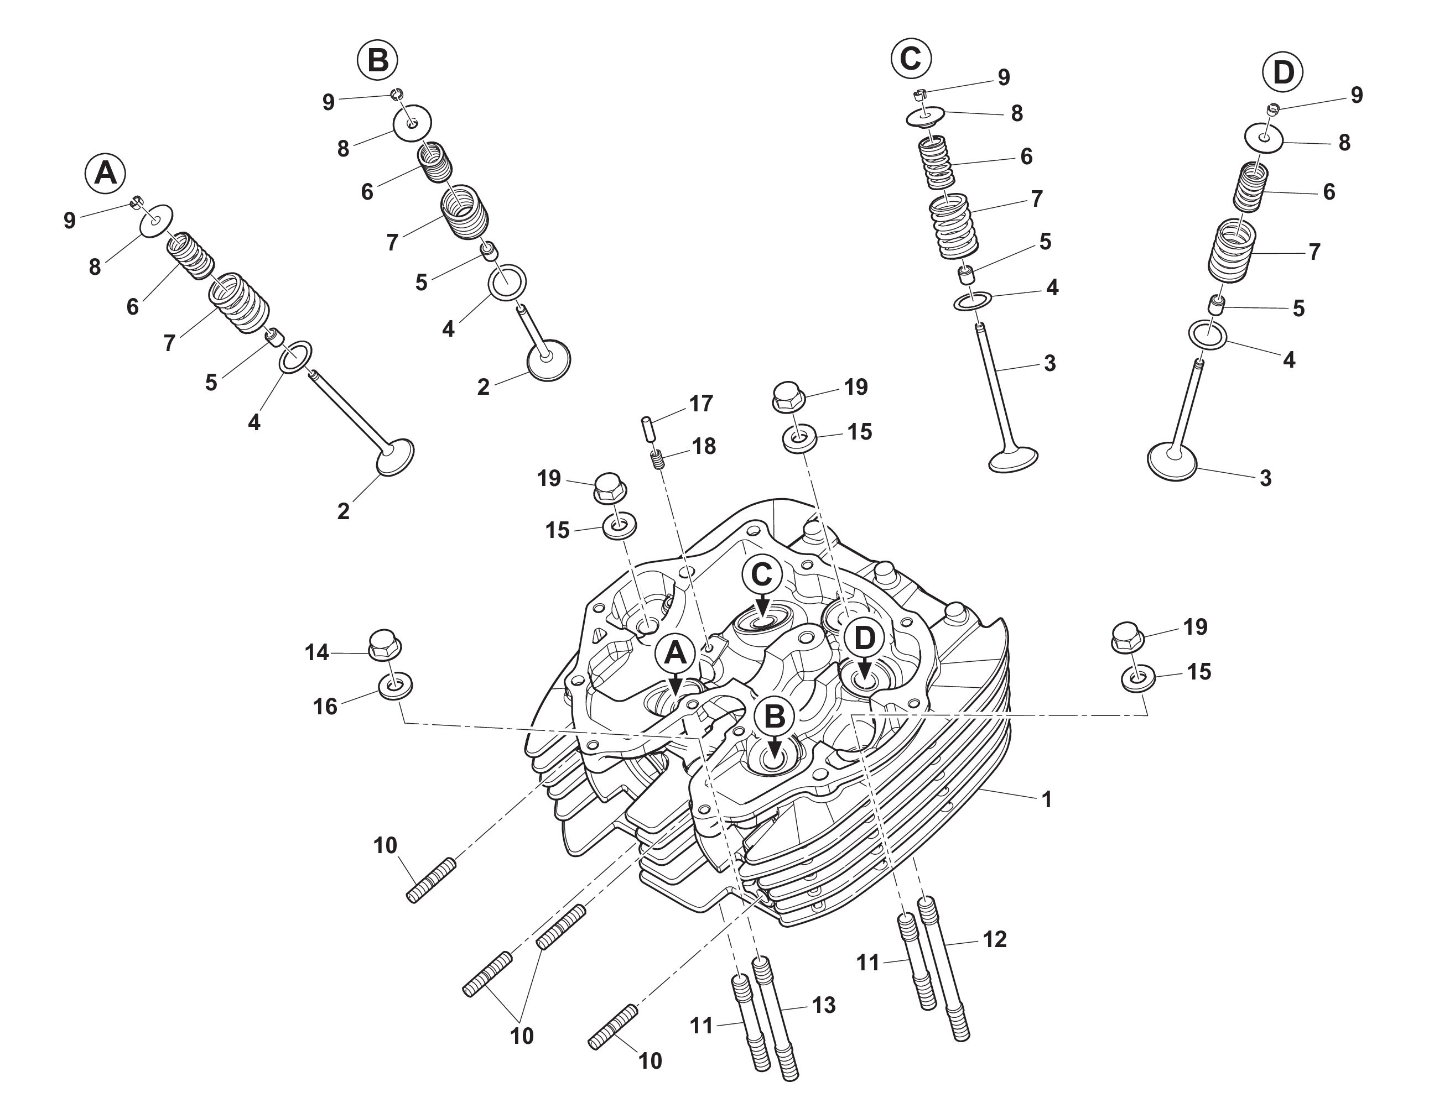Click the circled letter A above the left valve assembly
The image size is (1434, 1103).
coord(106,173)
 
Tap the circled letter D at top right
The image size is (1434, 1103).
coord(1282,73)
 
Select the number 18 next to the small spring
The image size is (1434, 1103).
coord(703,446)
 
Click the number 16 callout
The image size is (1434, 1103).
coord(325,707)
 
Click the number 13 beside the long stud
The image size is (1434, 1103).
coord(823,1005)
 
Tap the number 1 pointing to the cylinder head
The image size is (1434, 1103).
coord(1047,799)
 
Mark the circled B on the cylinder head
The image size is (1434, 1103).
coord(775,717)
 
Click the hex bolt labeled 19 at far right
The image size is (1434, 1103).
coord(1129,636)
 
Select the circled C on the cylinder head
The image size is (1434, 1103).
coord(762,576)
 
